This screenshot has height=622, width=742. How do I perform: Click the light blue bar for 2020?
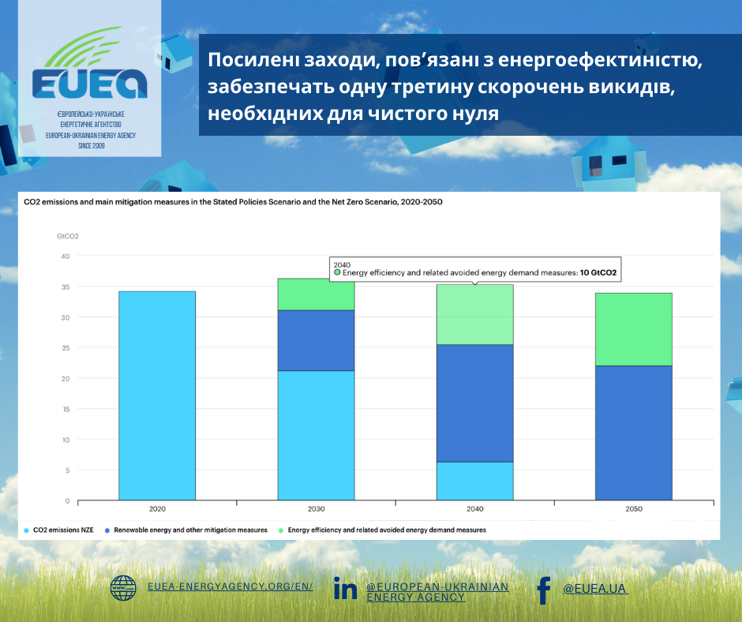coord(157,395)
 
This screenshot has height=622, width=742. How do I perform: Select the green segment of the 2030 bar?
coord(316,294)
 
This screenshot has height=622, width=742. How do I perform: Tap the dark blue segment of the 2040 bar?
coord(475,403)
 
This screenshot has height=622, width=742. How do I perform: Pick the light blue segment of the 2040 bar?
coord(475,481)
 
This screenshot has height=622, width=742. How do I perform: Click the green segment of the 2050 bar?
coord(634,329)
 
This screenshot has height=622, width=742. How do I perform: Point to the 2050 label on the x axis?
coord(634,509)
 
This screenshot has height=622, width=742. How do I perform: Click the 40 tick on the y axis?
coord(66,256)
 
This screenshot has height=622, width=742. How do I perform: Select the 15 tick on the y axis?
coord(66,409)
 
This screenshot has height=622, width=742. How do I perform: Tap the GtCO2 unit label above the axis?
coord(68,235)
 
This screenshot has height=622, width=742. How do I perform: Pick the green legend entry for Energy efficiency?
coord(387,530)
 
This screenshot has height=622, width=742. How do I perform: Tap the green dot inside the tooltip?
coord(337,272)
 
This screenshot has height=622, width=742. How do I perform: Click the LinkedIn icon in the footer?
coord(345,588)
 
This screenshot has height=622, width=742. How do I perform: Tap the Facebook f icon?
coord(543,590)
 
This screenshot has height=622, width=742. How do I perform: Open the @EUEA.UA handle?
coord(595,588)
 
